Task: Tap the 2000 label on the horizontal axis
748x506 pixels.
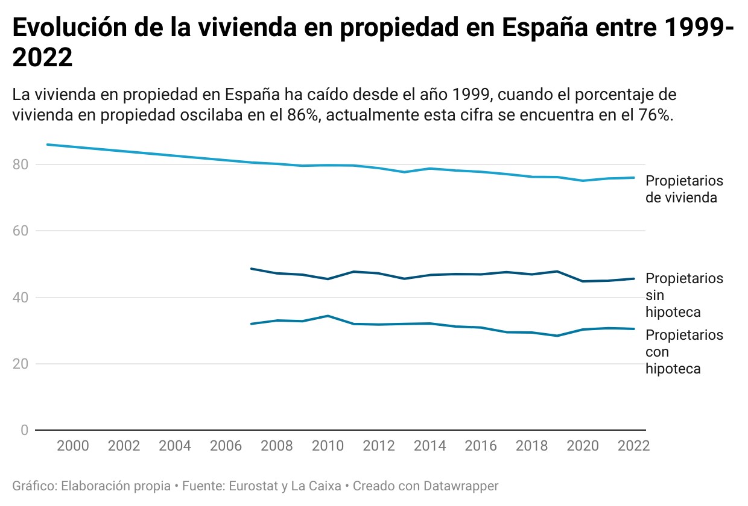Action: [x=73, y=446]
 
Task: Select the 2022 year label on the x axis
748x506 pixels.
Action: [x=634, y=446]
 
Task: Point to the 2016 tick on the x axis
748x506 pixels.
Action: [x=481, y=446]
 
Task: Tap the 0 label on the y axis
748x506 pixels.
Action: [x=25, y=430]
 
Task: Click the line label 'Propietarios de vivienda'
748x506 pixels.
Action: [x=684, y=189]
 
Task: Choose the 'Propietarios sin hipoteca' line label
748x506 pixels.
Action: [x=684, y=295]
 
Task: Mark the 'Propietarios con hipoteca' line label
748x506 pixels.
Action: [x=684, y=352]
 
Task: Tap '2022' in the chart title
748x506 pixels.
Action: [x=42, y=58]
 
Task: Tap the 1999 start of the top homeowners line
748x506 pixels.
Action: [x=48, y=145]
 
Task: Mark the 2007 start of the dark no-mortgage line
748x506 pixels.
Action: [x=251, y=269]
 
